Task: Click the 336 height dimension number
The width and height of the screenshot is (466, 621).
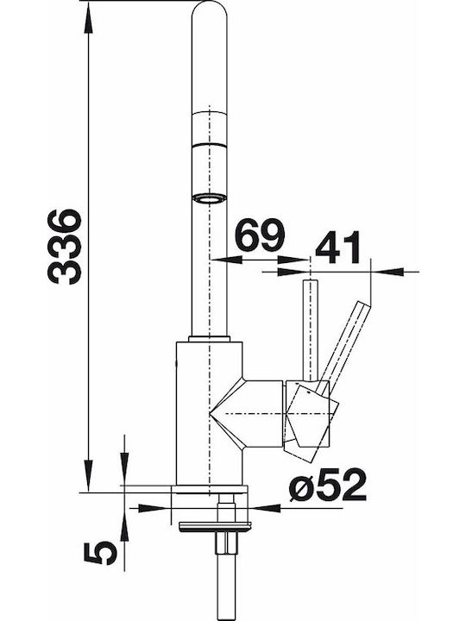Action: [x=65, y=247]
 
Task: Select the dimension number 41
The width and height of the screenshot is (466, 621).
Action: [x=338, y=248]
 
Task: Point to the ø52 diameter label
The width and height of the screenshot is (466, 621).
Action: [x=328, y=485]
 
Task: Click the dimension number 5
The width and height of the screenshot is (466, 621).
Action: [x=101, y=553]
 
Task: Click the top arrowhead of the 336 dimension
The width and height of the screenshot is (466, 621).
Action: [x=89, y=20]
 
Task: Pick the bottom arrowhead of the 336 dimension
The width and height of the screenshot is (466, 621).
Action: [x=89, y=476]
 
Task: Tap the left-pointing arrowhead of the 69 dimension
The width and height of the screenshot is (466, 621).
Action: [x=226, y=260]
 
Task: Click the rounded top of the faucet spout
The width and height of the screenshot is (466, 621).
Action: [x=209, y=9]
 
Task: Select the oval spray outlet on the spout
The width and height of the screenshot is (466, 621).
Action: [x=209, y=198]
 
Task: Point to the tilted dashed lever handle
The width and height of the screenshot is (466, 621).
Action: [x=344, y=348]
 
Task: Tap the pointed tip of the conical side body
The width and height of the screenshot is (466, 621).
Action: [x=210, y=413]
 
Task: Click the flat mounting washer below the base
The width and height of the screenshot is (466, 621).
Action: [x=215, y=527]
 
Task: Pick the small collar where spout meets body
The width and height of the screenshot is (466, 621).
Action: [x=209, y=339]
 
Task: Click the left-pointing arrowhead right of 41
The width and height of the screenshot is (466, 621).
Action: [x=387, y=272]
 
